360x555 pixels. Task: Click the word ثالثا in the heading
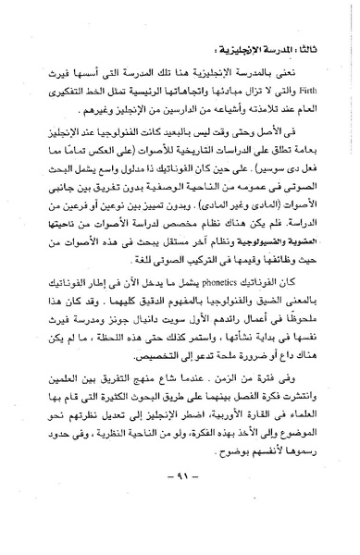click(x=308, y=43)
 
